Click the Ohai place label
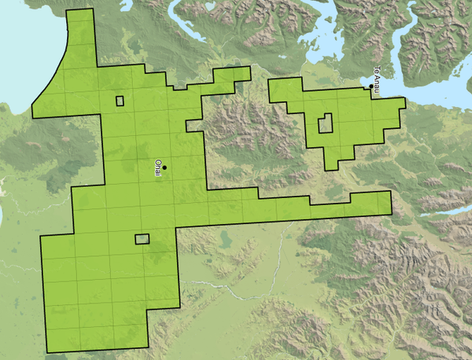[158, 168]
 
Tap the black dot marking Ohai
[164, 167]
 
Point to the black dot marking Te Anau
[371, 87]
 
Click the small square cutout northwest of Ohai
[120, 100]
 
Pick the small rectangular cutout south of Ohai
[142, 239]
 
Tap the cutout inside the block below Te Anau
[325, 123]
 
